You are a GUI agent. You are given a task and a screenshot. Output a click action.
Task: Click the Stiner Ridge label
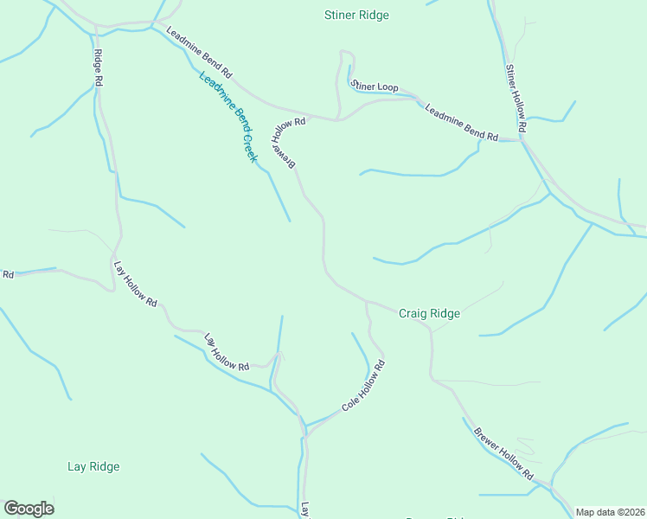(x=356, y=16)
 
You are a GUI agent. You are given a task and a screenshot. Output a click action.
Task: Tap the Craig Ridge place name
(x=429, y=314)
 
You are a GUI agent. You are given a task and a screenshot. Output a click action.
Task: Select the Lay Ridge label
(x=93, y=467)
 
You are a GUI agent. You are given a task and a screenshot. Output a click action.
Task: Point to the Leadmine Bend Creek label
(x=228, y=117)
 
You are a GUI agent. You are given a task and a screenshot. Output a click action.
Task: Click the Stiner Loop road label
(x=374, y=86)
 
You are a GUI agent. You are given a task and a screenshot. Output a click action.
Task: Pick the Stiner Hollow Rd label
(x=516, y=98)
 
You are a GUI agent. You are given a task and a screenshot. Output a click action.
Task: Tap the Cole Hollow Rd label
(x=362, y=386)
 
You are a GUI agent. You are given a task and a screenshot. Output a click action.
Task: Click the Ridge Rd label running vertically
(x=99, y=66)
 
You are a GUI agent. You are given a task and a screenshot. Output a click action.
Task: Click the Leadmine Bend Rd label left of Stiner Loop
(x=200, y=52)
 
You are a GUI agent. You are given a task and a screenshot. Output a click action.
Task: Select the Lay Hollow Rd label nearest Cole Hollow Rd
(x=227, y=352)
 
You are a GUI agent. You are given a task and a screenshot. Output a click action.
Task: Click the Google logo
(x=29, y=509)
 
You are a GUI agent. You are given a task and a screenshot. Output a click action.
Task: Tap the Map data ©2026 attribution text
(x=611, y=512)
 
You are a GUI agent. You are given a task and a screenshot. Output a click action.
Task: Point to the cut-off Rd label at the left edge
(x=8, y=275)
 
